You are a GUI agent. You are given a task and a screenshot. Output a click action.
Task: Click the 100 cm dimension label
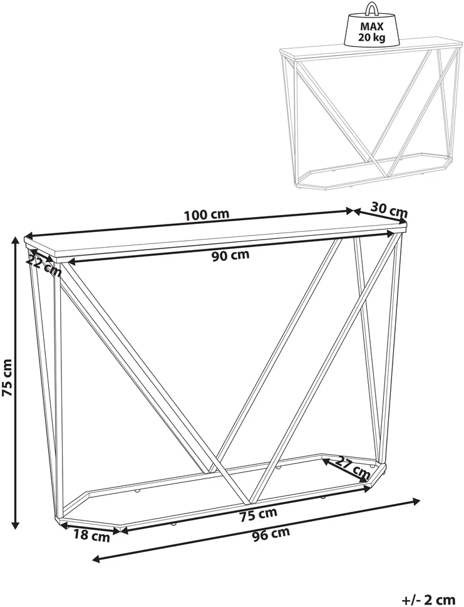207,214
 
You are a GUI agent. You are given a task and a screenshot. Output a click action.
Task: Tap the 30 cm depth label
389,209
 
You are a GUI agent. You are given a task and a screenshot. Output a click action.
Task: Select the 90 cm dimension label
230,255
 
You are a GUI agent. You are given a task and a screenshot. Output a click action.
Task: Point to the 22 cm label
44,266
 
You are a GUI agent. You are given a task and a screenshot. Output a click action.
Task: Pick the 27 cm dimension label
353,468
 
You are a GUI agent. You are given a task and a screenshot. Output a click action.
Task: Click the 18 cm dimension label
91,536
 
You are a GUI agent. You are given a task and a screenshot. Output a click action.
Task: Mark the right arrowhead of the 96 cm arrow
416,502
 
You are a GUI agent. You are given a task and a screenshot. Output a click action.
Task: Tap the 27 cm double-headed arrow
345,471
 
